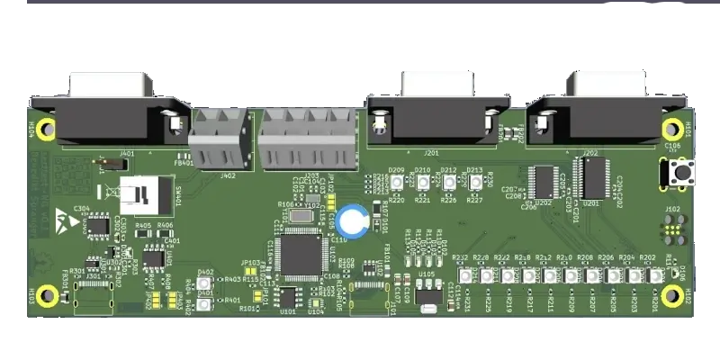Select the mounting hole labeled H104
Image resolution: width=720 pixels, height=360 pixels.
click(x=47, y=127)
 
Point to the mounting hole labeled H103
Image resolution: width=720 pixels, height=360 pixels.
click(x=47, y=293)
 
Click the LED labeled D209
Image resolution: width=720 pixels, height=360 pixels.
click(x=396, y=184)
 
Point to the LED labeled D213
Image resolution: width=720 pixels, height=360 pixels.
click(x=475, y=184)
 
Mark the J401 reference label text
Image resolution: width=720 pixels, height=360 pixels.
click(x=127, y=154)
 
